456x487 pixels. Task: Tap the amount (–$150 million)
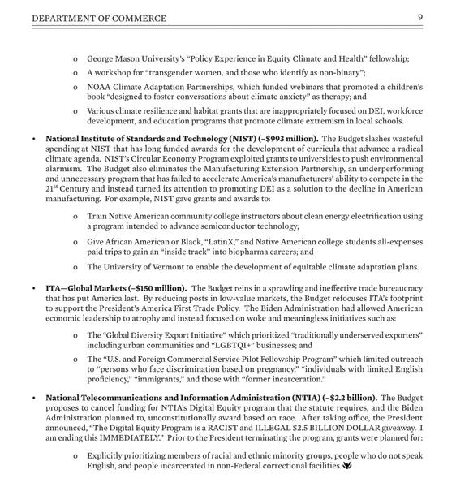pyautogui.click(x=157, y=288)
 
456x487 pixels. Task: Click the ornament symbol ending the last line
pyautogui.click(x=347, y=467)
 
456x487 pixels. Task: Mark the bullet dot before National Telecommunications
pyautogui.click(x=32, y=399)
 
